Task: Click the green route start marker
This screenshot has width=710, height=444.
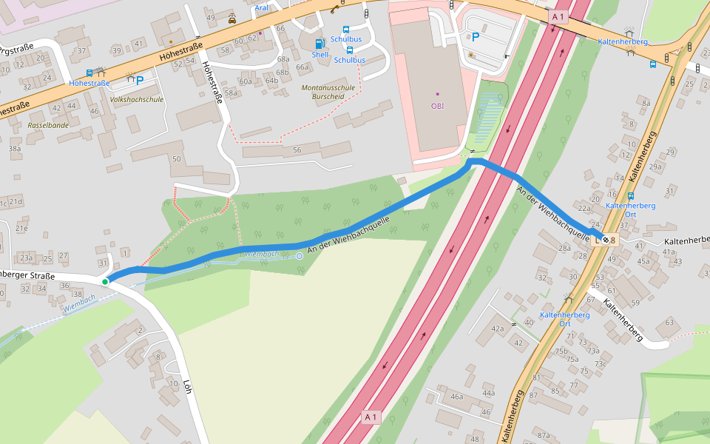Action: click(x=106, y=281)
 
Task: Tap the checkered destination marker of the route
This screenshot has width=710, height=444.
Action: click(x=605, y=239)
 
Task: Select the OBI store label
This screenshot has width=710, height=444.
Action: click(x=437, y=105)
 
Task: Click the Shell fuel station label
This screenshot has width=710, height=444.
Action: click(x=319, y=55)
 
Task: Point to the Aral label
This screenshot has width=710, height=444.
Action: click(x=261, y=8)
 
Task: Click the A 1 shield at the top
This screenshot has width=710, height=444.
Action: click(x=558, y=16)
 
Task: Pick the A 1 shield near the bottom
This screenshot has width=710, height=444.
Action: click(x=371, y=417)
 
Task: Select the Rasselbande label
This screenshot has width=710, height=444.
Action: click(x=48, y=126)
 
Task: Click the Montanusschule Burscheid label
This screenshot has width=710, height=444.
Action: click(x=328, y=92)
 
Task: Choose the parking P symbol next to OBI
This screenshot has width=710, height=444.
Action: click(x=475, y=36)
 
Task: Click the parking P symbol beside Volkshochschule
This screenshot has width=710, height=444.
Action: click(x=139, y=81)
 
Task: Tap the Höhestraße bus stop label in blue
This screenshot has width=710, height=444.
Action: click(x=89, y=83)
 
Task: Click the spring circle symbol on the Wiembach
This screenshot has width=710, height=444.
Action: click(x=299, y=256)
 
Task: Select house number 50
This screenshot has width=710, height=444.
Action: click(x=176, y=159)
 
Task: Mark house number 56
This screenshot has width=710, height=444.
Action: click(x=297, y=150)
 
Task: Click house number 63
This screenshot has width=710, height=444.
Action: click(x=669, y=322)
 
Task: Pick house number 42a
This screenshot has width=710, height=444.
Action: click(x=497, y=329)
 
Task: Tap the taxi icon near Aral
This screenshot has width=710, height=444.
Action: click(x=232, y=19)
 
